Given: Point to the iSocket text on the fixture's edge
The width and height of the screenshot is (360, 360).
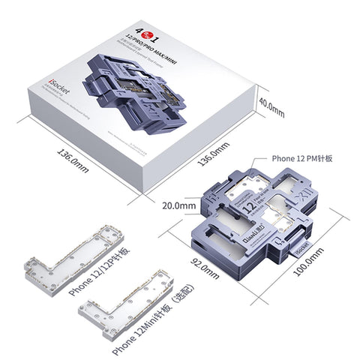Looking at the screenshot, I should click(299, 245).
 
